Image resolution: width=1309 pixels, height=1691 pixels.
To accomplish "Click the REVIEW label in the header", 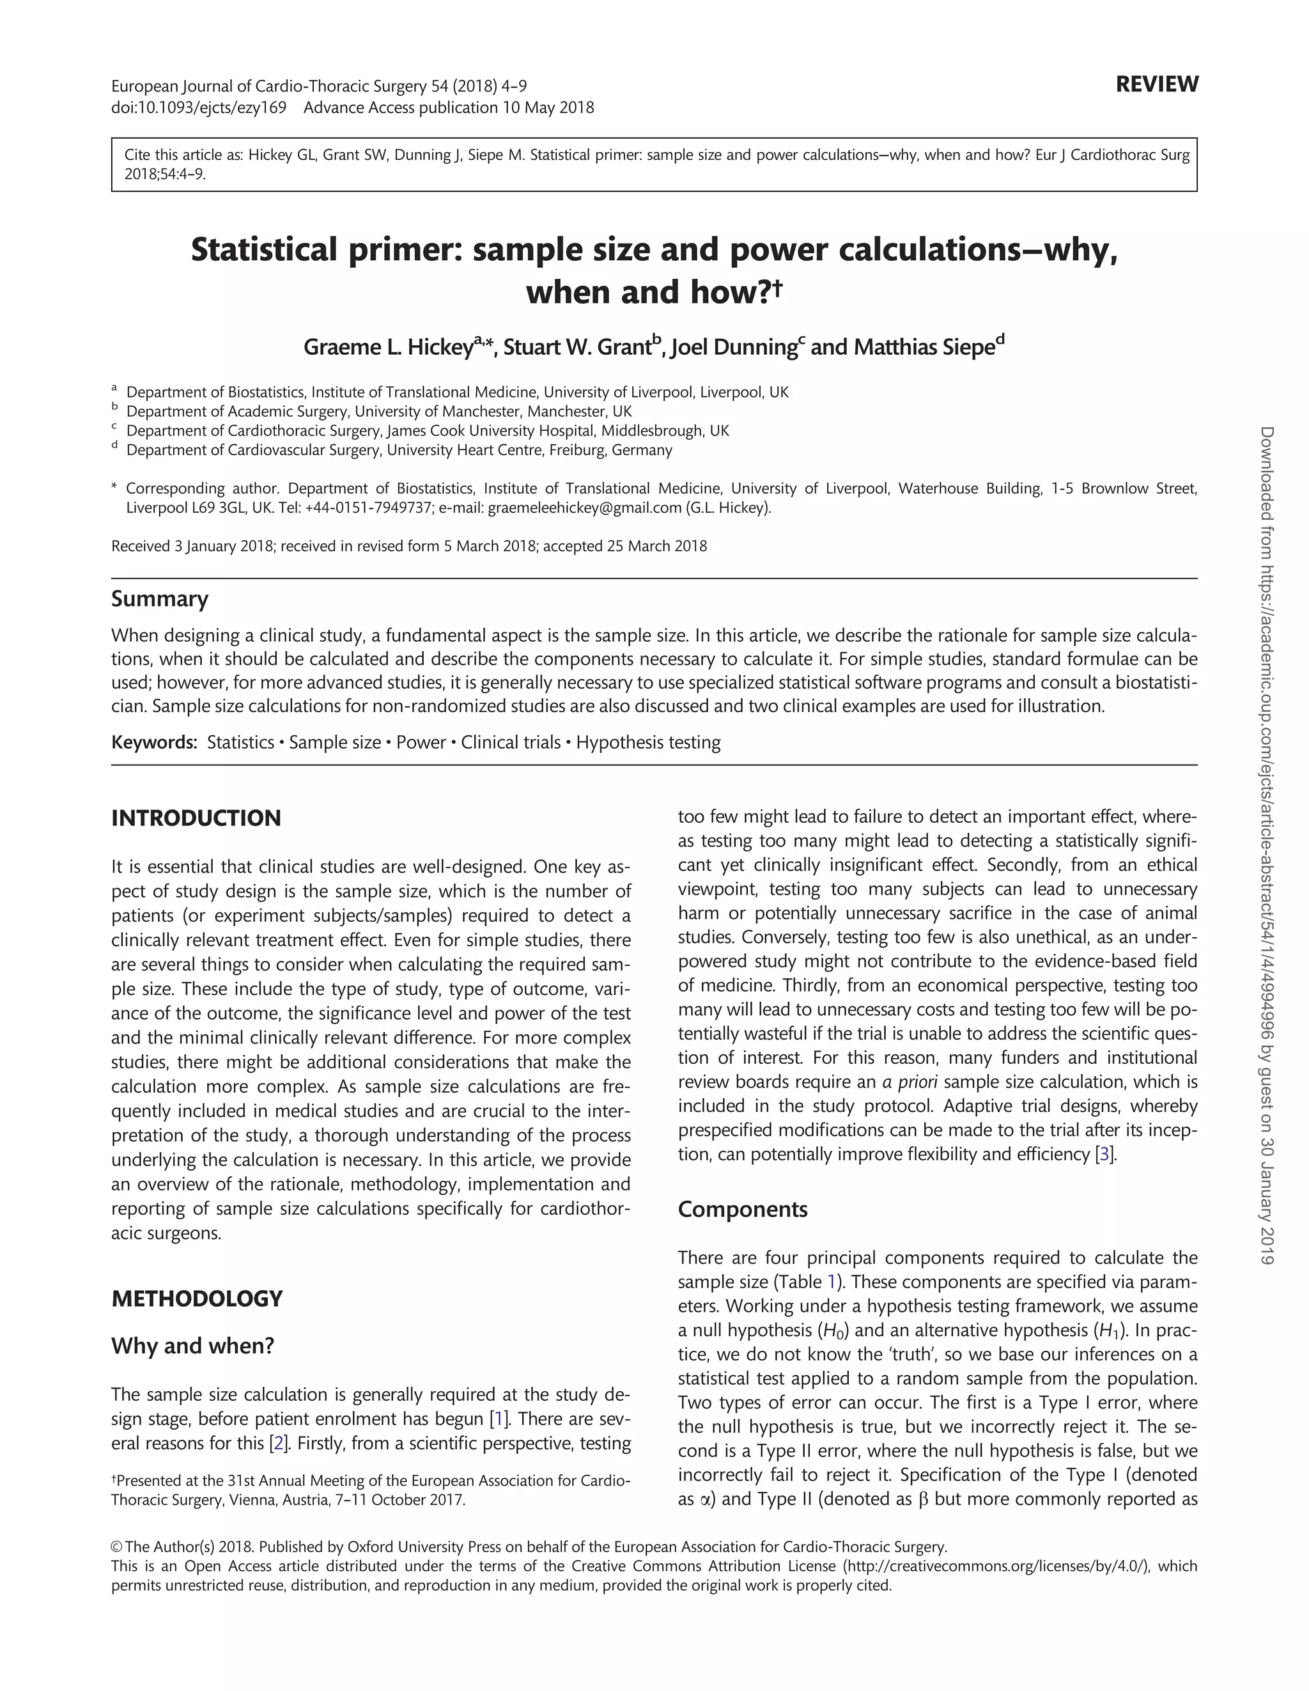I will coord(1156,84).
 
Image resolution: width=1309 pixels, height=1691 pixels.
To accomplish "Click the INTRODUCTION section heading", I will coord(196,818).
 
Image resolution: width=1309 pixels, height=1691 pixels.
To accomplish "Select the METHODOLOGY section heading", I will coord(197,1298).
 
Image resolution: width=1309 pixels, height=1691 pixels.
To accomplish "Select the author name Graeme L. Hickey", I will coord(387,347).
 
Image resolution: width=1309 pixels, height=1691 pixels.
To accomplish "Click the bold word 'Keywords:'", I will coord(155,742).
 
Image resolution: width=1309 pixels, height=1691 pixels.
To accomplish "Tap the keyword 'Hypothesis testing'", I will coord(648,742).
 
